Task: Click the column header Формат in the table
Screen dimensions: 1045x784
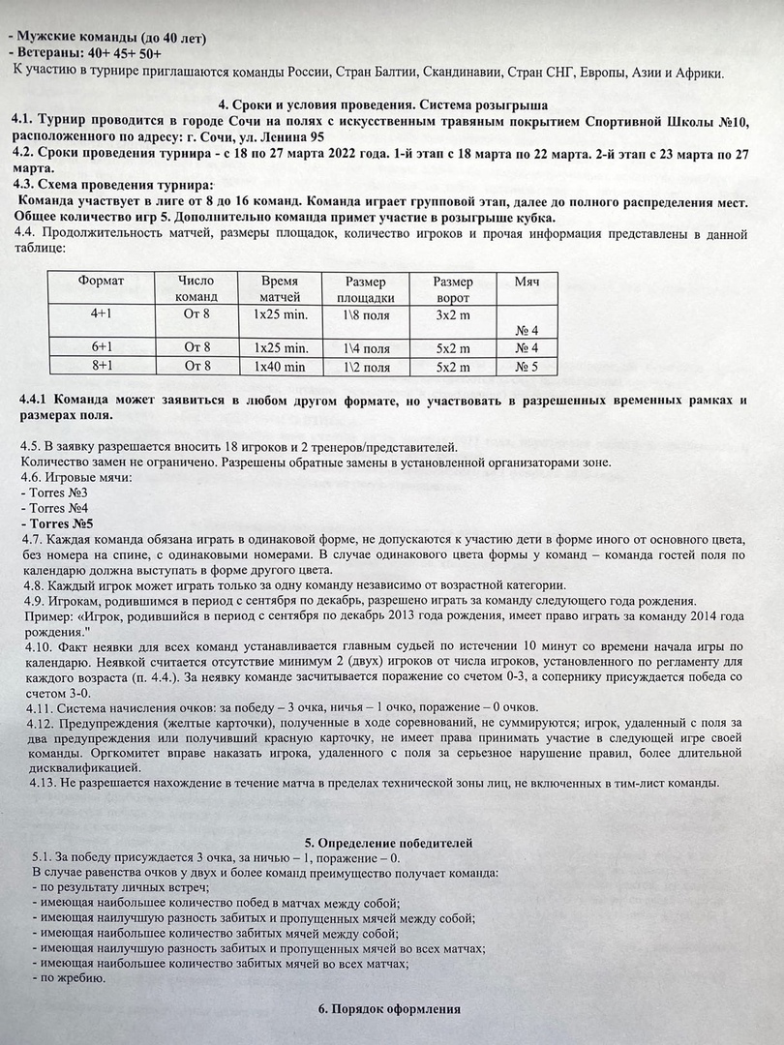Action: (102, 281)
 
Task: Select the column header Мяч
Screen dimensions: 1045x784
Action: (527, 281)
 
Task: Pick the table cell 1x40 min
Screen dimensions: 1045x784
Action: (280, 367)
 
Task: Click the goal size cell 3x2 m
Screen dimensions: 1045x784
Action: (452, 314)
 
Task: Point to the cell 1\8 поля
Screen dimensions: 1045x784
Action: (366, 314)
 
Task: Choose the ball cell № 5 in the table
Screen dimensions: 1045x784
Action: (527, 367)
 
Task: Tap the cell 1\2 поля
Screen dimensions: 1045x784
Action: (366, 367)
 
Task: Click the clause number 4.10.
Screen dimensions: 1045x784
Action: (34, 644)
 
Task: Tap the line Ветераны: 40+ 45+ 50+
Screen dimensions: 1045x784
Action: (84, 54)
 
